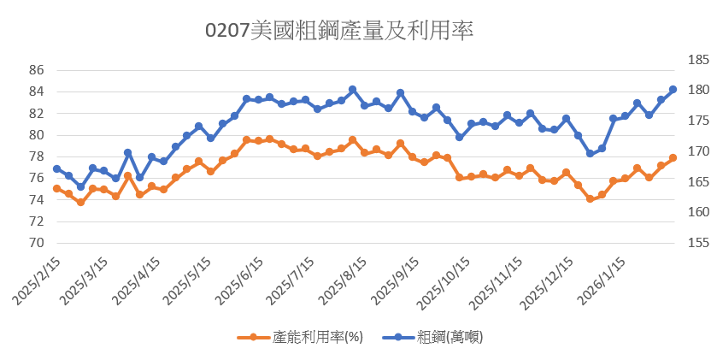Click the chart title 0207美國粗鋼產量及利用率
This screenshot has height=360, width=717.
[x=340, y=31]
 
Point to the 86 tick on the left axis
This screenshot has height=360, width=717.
[x=36, y=70]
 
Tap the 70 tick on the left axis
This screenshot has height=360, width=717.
[x=36, y=243]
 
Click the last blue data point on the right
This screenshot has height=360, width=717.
[x=673, y=89]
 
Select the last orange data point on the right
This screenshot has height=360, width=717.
[x=673, y=157]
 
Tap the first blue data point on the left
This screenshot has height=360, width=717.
[x=56, y=168]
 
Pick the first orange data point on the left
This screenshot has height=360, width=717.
[x=56, y=188]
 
